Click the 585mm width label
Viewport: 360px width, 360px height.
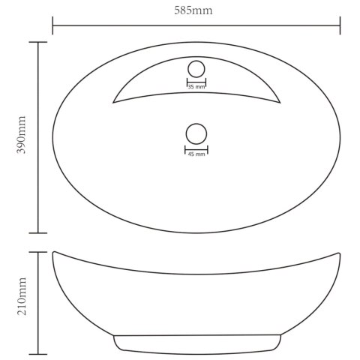pyautogui.click(x=193, y=10)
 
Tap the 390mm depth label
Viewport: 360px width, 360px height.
pyautogui.click(x=21, y=134)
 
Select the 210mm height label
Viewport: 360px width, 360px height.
pyautogui.click(x=22, y=296)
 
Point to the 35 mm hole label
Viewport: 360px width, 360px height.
pyautogui.click(x=196, y=87)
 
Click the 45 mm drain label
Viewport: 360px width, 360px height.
pyautogui.click(x=196, y=154)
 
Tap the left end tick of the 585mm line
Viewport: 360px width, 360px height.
pyautogui.click(x=52, y=25)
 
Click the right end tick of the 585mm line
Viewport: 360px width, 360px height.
pyautogui.click(x=340, y=25)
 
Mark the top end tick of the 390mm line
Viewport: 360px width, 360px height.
pyautogui.click(x=38, y=42)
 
